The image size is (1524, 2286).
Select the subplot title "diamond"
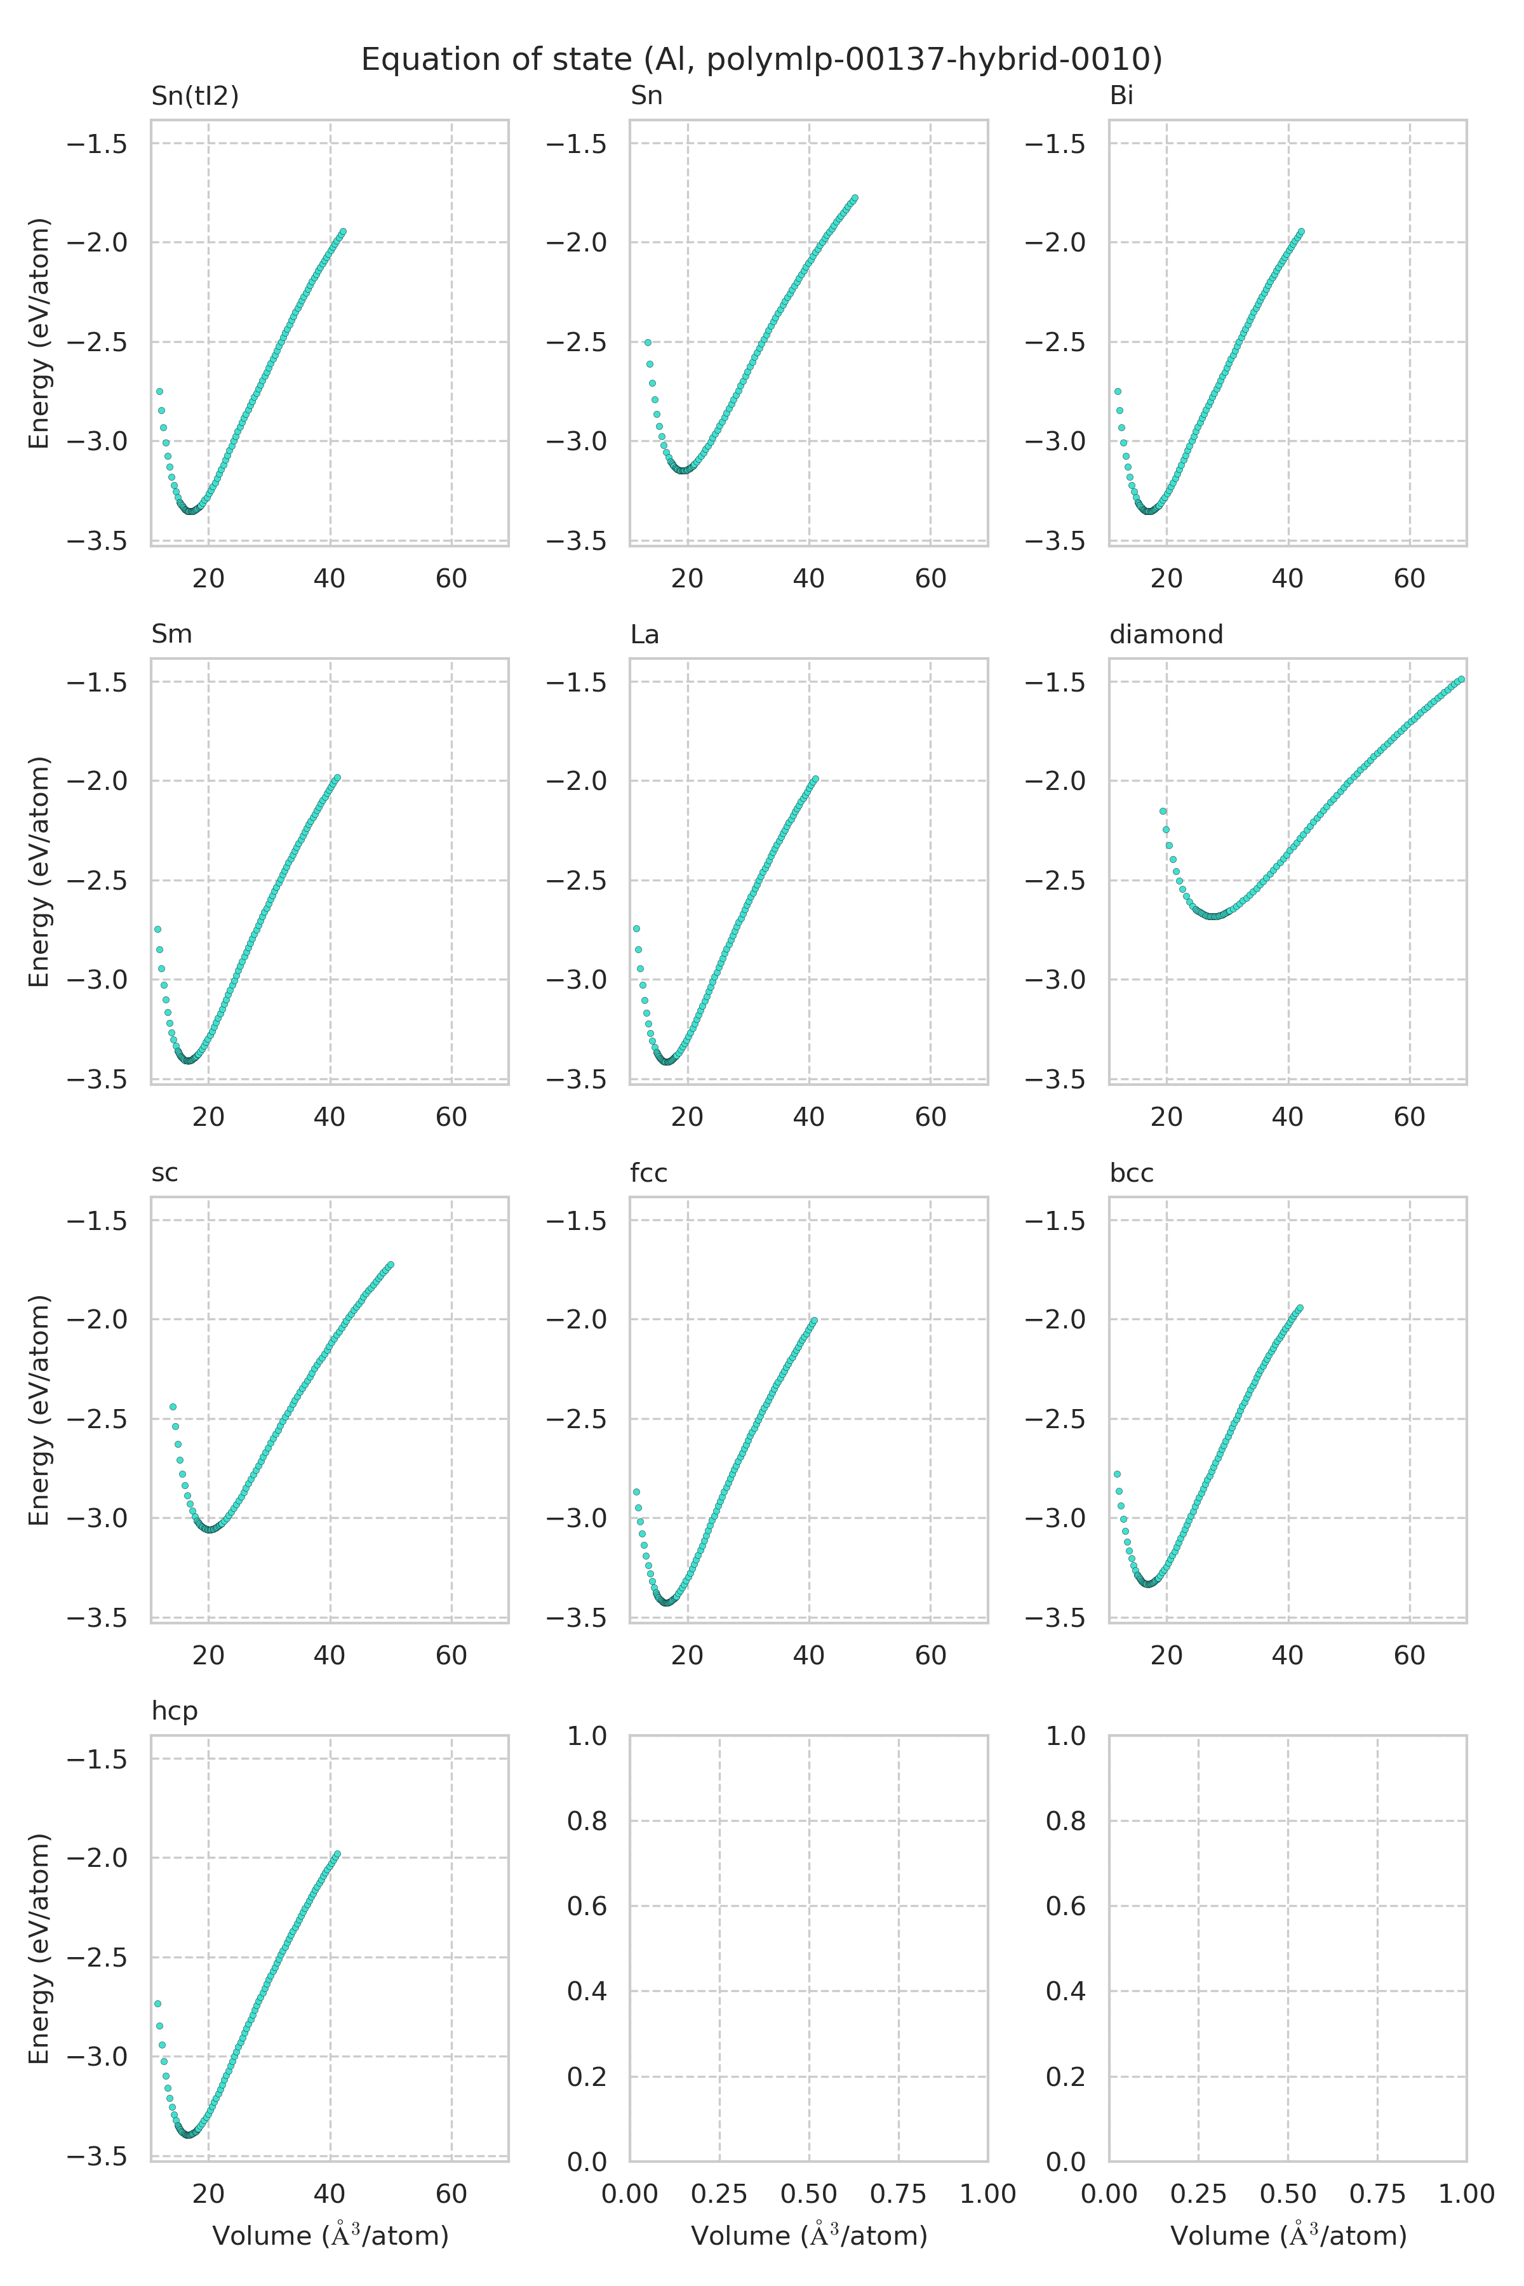1165,634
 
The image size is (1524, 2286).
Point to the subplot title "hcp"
174,1711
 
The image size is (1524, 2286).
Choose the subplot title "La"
645,634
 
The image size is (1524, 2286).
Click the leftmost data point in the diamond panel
1163,811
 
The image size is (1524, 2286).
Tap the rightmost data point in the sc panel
391,1264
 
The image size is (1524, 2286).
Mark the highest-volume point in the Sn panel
854,198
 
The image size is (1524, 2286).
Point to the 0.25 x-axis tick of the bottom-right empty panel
1198,2194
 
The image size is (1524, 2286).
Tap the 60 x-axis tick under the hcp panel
451,2194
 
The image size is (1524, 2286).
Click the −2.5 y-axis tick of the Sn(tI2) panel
97,342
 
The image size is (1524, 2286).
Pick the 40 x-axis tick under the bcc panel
1287,1655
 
